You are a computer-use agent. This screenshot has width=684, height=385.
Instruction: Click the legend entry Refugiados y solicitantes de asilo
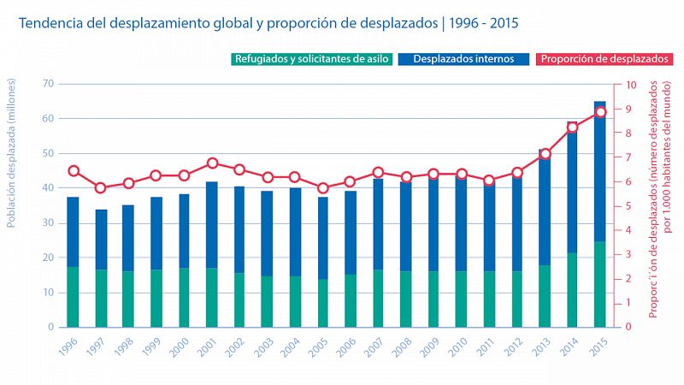[x=310, y=59]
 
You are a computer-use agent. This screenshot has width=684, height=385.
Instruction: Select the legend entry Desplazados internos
[x=463, y=59]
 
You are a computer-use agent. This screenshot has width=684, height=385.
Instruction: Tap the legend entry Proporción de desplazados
[x=603, y=59]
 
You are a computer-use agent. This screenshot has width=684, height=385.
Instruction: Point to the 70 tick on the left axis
[x=47, y=84]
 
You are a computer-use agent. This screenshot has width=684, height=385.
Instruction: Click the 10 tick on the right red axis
[x=631, y=85]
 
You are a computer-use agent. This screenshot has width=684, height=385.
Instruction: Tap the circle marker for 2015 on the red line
[x=600, y=112]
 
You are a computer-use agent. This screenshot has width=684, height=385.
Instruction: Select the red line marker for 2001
[x=212, y=163]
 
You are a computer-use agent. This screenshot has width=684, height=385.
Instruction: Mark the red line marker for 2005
[x=322, y=188]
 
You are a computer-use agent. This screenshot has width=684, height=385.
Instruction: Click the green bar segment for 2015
[x=600, y=284]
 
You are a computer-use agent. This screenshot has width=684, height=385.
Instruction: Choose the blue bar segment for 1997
[x=101, y=240]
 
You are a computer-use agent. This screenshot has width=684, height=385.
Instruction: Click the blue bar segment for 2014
[x=572, y=187]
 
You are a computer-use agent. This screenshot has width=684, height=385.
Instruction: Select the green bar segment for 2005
[x=322, y=303]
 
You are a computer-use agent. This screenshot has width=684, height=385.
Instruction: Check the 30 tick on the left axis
[x=47, y=222]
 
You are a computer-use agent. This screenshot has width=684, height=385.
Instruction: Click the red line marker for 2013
[x=545, y=154]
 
